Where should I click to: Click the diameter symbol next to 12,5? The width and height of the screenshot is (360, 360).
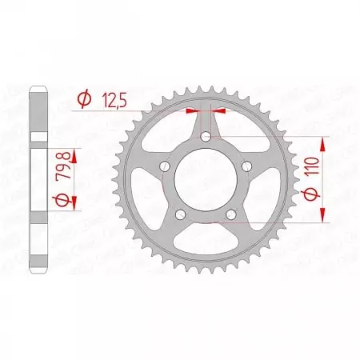point(84,99)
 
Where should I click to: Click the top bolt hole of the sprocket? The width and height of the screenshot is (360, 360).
point(207,138)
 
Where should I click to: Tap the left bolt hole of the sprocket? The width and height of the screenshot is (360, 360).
point(165,167)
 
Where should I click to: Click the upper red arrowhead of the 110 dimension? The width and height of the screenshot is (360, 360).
point(322,142)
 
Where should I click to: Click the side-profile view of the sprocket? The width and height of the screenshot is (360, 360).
point(38,179)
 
